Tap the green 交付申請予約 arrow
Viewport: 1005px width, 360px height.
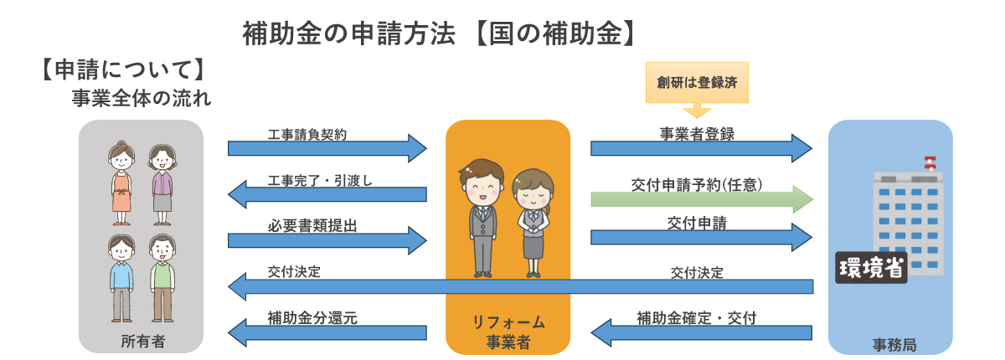coord(702,199)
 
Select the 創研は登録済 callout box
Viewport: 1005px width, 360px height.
coord(697,83)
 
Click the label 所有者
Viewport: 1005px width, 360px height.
coord(142,341)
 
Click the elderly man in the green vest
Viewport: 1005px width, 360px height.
coord(162,279)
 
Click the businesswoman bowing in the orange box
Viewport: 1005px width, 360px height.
coord(531,222)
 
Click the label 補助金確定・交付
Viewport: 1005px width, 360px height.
coord(696,318)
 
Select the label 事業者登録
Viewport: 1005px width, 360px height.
coord(697,134)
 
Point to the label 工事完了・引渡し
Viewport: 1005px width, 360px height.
coord(319,180)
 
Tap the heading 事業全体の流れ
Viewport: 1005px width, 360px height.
coord(141,98)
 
